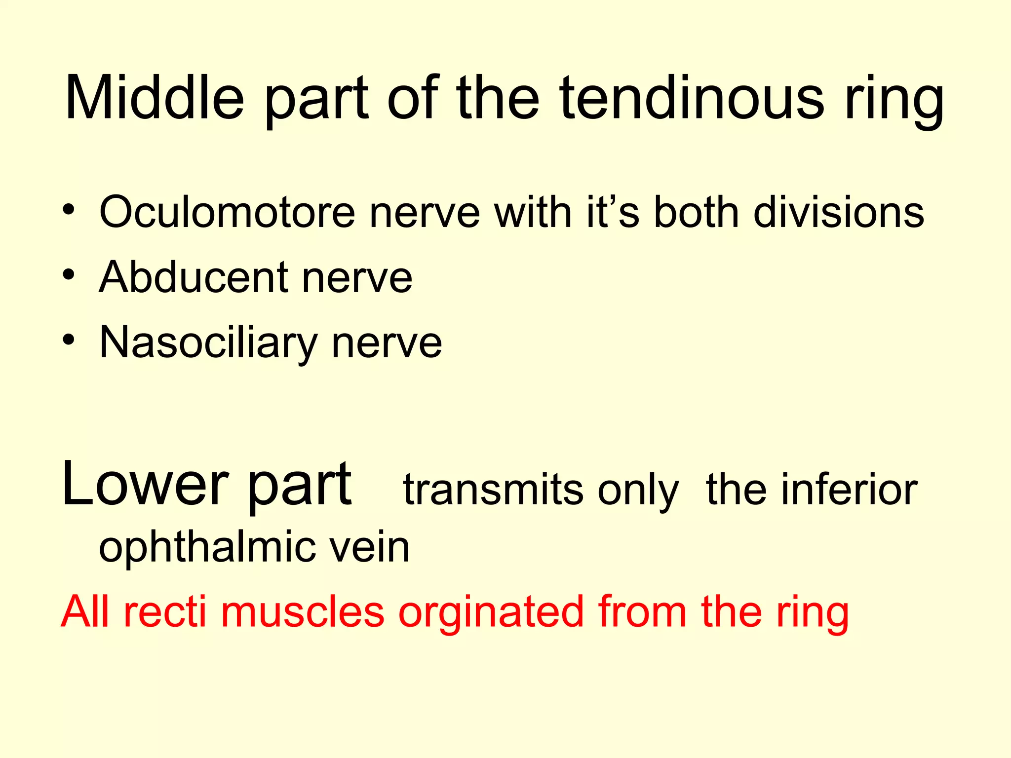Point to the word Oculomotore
point(227,212)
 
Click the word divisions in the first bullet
point(839,212)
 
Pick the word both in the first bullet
point(697,212)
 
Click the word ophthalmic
point(207,548)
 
